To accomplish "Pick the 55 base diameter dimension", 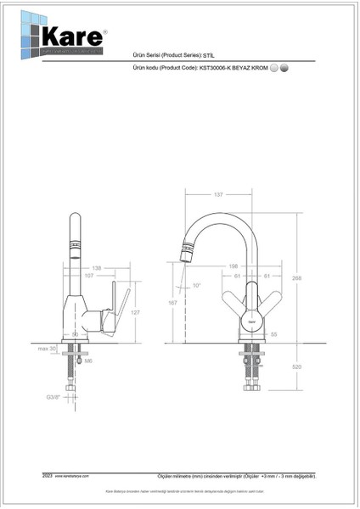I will (x=274, y=335).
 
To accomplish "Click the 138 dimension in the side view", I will (x=95, y=267).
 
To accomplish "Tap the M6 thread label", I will (x=88, y=360).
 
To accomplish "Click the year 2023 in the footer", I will (x=47, y=478).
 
